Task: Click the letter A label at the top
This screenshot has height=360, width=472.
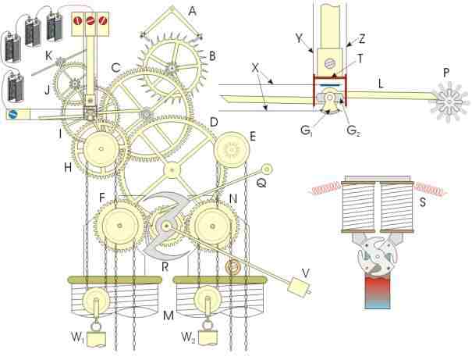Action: click(x=192, y=11)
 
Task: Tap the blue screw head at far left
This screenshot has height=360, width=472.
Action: click(x=13, y=115)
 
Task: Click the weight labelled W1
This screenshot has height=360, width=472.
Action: click(x=96, y=338)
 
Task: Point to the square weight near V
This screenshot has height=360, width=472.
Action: click(x=297, y=287)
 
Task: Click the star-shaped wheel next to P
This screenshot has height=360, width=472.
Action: click(x=449, y=102)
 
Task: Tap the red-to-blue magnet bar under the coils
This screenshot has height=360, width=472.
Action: click(x=378, y=292)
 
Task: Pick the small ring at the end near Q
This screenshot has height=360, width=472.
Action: click(x=267, y=169)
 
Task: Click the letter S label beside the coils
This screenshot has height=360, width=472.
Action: click(x=423, y=202)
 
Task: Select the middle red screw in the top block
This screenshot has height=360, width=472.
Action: click(x=90, y=21)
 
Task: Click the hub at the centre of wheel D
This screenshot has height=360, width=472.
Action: click(x=172, y=170)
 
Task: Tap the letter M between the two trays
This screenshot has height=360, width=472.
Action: click(x=169, y=315)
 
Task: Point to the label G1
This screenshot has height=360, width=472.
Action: click(x=307, y=130)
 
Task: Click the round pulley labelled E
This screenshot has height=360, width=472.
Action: click(x=232, y=150)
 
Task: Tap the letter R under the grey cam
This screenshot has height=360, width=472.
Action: click(x=165, y=266)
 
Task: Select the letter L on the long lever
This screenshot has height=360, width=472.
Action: click(x=381, y=84)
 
